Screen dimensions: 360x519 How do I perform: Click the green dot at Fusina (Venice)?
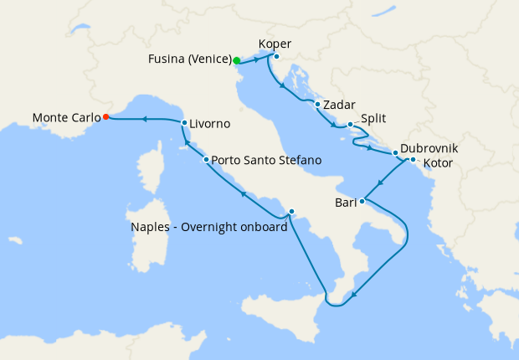(237, 60)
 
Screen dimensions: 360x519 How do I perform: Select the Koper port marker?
(276, 57)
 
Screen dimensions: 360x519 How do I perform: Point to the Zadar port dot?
(318, 105)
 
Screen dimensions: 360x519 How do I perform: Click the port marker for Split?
(350, 125)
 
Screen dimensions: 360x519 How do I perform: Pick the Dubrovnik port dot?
(396, 153)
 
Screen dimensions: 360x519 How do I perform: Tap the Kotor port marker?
(413, 159)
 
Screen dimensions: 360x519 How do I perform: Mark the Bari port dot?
(362, 202)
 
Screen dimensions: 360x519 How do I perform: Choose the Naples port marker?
(291, 211)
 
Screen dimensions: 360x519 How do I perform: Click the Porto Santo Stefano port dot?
(206, 159)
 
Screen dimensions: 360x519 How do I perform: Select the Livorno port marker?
(184, 123)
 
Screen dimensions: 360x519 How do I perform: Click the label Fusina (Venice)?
(189, 59)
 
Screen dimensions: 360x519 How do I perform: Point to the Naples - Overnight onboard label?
(208, 226)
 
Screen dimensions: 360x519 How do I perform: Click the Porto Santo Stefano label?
(266, 159)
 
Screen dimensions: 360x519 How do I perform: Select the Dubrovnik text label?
(429, 148)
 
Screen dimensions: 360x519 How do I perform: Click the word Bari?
(346, 202)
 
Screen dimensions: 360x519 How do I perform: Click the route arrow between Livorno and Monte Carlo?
(145, 119)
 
